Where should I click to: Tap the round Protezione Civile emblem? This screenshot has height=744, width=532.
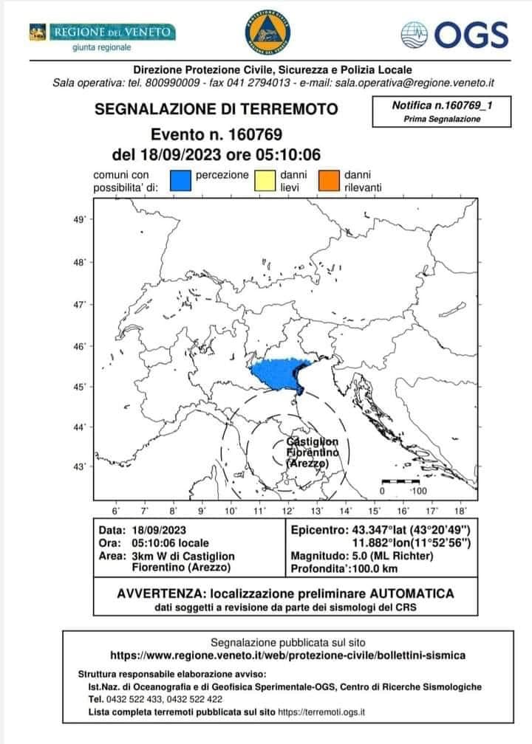[x=265, y=32]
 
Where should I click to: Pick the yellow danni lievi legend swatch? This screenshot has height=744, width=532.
[x=265, y=181]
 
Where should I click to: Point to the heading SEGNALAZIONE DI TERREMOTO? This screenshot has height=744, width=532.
[x=216, y=109]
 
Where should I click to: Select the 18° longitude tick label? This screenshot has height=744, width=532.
[x=459, y=510]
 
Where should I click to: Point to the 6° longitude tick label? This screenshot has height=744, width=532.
[x=116, y=510]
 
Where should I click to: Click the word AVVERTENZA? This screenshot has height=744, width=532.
[x=160, y=593]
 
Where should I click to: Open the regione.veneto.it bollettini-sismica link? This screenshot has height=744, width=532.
[x=287, y=655]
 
